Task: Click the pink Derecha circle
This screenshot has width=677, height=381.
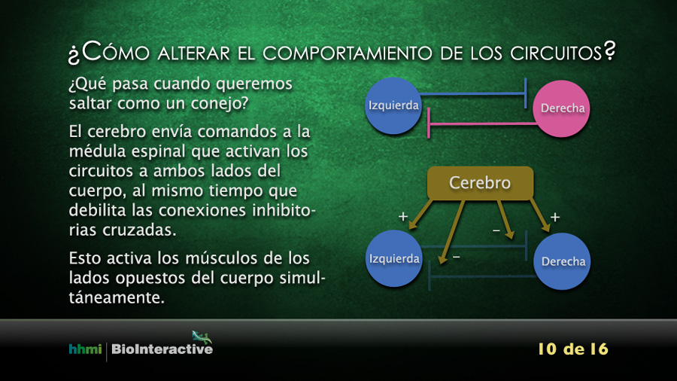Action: click(x=561, y=108)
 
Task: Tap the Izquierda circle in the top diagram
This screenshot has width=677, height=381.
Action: click(x=393, y=106)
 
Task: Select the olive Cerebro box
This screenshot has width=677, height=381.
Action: click(x=480, y=183)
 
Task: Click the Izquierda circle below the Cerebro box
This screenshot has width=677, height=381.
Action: click(x=393, y=258)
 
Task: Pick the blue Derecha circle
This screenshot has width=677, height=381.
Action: click(x=562, y=261)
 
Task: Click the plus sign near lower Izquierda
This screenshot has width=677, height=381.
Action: click(x=403, y=216)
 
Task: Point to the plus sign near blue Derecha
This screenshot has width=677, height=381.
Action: click(x=555, y=217)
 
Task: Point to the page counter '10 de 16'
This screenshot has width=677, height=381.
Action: click(x=573, y=349)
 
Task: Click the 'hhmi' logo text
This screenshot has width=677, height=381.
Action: click(x=85, y=349)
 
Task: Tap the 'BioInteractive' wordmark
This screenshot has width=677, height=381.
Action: click(x=162, y=349)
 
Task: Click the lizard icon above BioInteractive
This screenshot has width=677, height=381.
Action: click(x=202, y=337)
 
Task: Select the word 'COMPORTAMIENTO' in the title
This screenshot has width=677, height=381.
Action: click(x=348, y=53)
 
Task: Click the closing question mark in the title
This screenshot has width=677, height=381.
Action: click(x=609, y=51)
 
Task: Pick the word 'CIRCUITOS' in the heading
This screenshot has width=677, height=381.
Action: click(x=556, y=53)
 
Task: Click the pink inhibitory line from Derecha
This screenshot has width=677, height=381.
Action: click(x=482, y=124)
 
